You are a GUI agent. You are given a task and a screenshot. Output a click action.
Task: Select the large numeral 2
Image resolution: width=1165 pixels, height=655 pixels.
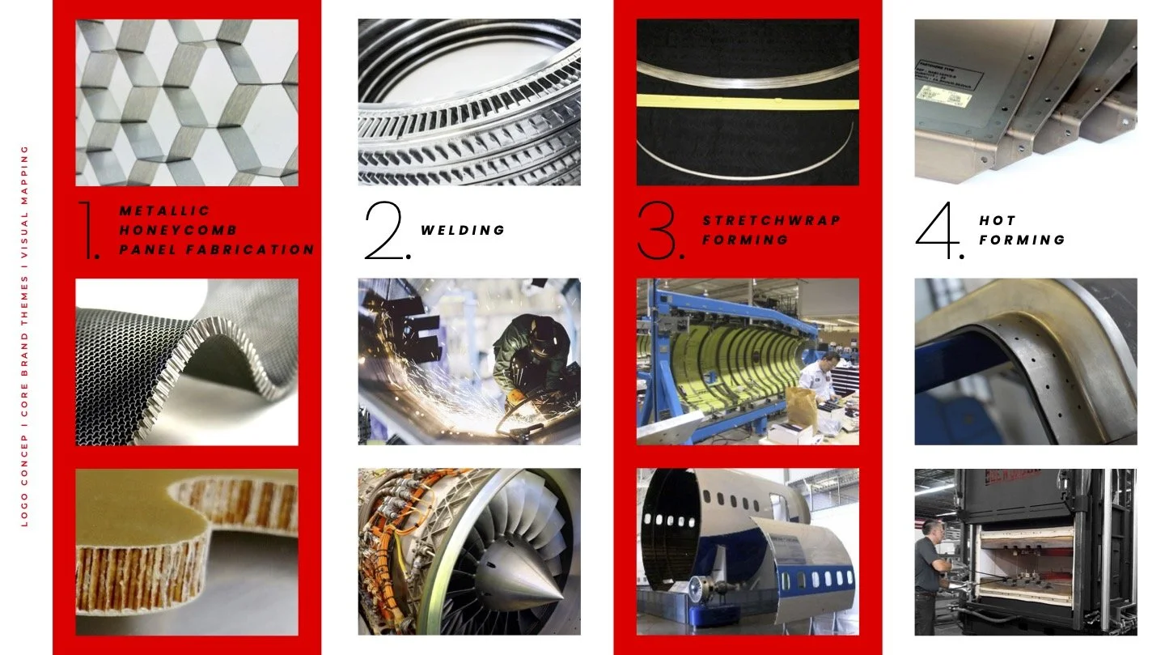tap(386, 231)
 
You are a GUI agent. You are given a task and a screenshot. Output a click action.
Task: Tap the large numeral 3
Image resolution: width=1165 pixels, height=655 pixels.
tap(659, 231)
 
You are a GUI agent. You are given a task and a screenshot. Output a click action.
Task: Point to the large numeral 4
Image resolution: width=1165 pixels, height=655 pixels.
tap(938, 231)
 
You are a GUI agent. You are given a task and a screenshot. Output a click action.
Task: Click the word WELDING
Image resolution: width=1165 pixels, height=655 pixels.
tap(463, 230)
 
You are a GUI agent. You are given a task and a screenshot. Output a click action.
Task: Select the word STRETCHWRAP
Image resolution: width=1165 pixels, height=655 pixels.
tap(771, 220)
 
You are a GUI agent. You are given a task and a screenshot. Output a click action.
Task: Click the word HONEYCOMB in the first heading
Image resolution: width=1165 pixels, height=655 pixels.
tap(178, 230)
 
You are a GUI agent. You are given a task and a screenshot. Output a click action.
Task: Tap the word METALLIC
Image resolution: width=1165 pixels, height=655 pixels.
tap(164, 211)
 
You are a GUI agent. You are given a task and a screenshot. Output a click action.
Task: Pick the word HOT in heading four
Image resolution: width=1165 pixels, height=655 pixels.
tap(997, 220)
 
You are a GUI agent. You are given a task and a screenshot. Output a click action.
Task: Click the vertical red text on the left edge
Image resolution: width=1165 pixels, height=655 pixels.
tap(24, 336)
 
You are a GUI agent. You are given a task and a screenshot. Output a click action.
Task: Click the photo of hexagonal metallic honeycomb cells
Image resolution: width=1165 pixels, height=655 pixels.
tap(186, 102)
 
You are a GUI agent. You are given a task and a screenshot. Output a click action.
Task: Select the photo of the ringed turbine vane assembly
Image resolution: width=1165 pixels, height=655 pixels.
tap(468, 102)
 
